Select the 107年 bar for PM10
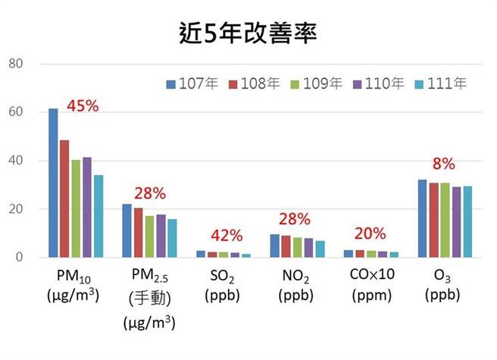coord(53,183)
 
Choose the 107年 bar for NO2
coord(274,246)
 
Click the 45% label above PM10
coord(83,105)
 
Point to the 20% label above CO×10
coord(370,233)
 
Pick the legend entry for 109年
coord(310,83)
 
